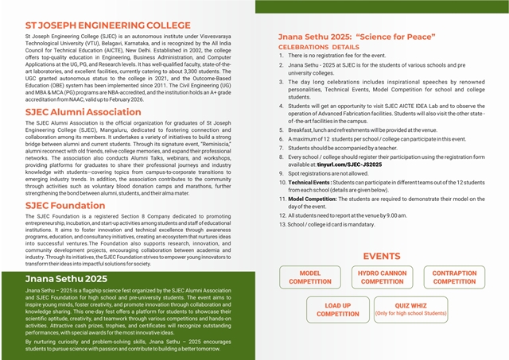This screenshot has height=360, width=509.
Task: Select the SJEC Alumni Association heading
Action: pyautogui.click(x=84, y=112)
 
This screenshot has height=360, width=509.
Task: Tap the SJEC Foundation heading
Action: pyautogui.click(x=66, y=205)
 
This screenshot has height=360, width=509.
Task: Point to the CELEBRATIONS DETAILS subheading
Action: pyautogui.click(x=319, y=48)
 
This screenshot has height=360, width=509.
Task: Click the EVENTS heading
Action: pyautogui.click(x=382, y=256)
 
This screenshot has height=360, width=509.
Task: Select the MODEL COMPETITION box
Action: pyautogui.click(x=310, y=277)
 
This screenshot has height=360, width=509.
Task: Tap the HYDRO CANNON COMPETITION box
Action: pyautogui.click(x=382, y=277)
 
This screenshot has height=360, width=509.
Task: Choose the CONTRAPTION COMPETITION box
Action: pyautogui.click(x=454, y=277)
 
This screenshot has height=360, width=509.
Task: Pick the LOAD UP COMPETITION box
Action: pyautogui.click(x=337, y=309)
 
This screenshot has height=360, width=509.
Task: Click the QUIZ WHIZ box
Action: pyautogui.click(x=410, y=309)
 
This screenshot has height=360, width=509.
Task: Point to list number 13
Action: pyautogui.click(x=282, y=224)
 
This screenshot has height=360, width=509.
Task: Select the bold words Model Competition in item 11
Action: pyautogui.click(x=316, y=199)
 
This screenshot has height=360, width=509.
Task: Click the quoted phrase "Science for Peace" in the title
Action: pyautogui.click(x=396, y=37)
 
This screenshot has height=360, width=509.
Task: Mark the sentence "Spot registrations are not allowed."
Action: pyautogui.click(x=328, y=173)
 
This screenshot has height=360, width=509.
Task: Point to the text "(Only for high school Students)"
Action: pyautogui.click(x=410, y=314)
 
